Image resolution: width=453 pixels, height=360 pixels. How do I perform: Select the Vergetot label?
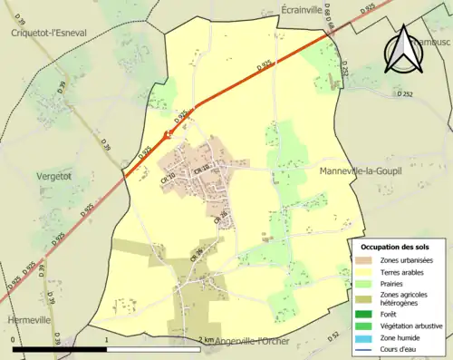[53, 176]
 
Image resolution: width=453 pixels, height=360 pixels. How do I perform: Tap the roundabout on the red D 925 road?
[166, 134]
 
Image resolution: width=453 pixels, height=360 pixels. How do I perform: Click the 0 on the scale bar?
[13, 340]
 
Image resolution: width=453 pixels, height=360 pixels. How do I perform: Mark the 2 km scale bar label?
[207, 340]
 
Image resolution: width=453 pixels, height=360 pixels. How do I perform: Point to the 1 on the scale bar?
[108, 340]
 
